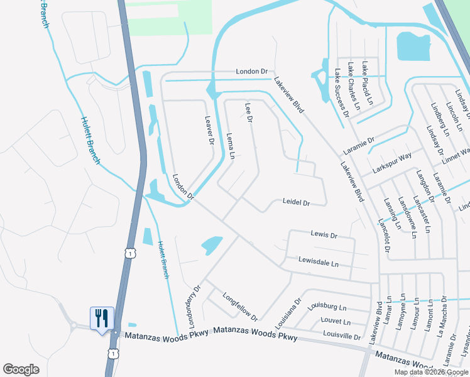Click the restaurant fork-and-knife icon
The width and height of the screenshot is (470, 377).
tap(101, 318)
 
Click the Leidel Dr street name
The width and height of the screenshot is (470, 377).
tap(296, 203)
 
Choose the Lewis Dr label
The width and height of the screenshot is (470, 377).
tap(324, 235)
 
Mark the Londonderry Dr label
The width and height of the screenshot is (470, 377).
tap(192, 307)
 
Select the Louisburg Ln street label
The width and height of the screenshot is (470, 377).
tap(326, 307)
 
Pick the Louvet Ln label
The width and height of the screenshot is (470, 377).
tap(335, 321)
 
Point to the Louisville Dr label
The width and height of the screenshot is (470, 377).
tap(340, 337)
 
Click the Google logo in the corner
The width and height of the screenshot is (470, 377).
tap(21, 369)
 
